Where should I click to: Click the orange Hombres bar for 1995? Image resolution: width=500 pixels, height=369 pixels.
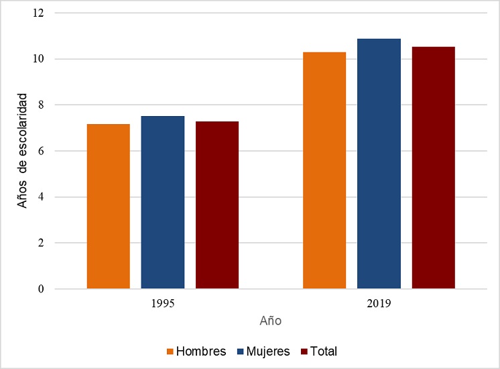109,207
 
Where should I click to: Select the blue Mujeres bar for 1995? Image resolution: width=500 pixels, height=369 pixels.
163,203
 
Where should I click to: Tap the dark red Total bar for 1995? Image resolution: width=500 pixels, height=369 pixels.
217,205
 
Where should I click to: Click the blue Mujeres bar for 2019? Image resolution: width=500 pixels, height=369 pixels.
379,164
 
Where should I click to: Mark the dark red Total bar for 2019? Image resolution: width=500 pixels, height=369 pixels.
433,168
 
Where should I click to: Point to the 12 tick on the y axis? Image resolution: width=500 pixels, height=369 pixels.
43,13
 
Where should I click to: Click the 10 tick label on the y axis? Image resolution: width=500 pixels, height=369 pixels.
43,59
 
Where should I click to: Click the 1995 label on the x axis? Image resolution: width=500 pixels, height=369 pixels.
163,304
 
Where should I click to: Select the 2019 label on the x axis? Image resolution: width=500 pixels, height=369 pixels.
379,304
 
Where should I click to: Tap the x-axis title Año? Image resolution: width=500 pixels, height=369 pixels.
271,321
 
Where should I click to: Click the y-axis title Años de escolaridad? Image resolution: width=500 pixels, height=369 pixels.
23,150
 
